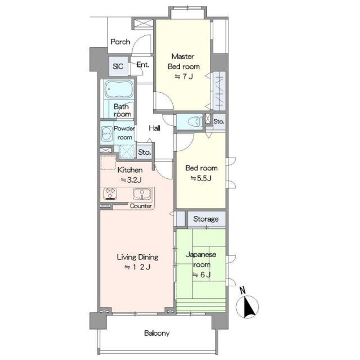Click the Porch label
[120, 42]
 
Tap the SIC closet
[118, 66]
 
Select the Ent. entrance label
[142, 65]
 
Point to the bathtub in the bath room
[119, 89]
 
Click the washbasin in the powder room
[106, 133]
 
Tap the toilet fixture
[196, 121]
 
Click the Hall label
[154, 128]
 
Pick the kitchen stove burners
[110, 193]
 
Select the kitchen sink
[142, 194]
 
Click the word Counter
[141, 206]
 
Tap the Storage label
[206, 219]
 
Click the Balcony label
[157, 333]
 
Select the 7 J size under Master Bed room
[184, 76]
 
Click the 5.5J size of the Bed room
[201, 178]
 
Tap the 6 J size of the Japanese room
[201, 274]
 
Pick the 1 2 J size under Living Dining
[137, 267]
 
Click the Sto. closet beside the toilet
[219, 121]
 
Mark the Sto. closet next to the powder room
[145, 152]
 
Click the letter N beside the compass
[242, 290]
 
